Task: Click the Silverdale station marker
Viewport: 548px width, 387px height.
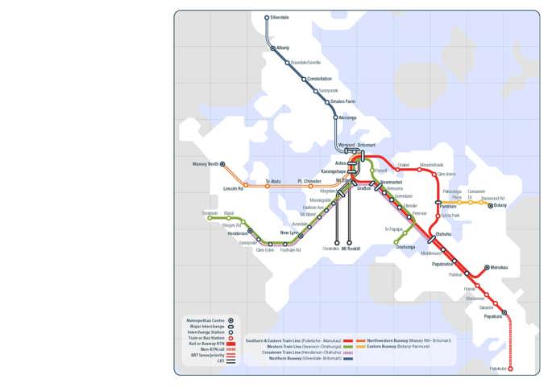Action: click(x=267, y=17)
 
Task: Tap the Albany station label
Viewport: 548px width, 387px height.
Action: click(x=283, y=48)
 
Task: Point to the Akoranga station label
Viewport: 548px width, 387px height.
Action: click(x=347, y=118)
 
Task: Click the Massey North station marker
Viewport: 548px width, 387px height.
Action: click(x=222, y=164)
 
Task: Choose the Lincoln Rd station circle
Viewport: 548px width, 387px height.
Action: click(x=246, y=185)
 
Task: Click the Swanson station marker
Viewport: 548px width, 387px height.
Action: click(x=210, y=218)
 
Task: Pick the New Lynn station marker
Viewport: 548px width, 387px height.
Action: click(x=301, y=233)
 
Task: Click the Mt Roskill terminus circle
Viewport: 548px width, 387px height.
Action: click(x=350, y=243)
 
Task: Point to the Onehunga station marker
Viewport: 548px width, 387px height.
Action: click(x=396, y=241)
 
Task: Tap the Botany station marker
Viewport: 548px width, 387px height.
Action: click(x=490, y=206)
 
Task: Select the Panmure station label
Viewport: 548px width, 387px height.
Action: click(x=448, y=207)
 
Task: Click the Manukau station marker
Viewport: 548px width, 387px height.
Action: click(x=487, y=267)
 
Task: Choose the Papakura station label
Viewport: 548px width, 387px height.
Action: click(x=492, y=317)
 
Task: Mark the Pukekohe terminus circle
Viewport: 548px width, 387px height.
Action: click(x=510, y=370)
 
